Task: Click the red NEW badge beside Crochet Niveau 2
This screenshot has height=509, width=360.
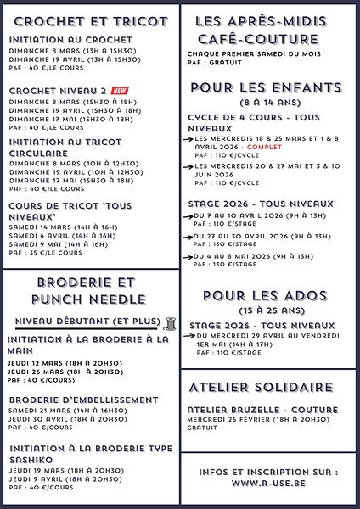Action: (x=120, y=91)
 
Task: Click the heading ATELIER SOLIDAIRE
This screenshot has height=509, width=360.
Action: (x=261, y=388)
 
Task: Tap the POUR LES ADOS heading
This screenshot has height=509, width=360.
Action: (x=265, y=295)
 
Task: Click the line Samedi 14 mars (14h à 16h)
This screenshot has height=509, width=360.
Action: (x=63, y=227)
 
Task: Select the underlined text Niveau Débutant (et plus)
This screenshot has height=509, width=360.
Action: (x=88, y=322)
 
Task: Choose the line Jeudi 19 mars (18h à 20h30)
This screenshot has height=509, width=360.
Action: (x=63, y=469)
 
